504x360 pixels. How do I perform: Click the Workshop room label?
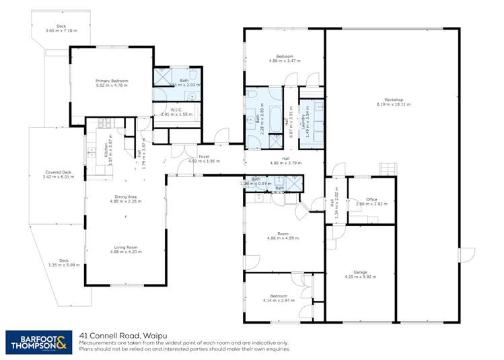pos(394,100)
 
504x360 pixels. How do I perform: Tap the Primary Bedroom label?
pos(112,81)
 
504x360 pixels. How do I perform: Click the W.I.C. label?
pos(176,110)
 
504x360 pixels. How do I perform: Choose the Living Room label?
pos(126,247)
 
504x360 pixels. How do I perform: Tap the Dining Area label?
pos(126,196)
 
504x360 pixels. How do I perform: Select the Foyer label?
pos(204,157)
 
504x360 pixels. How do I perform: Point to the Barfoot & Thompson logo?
pos(38,342)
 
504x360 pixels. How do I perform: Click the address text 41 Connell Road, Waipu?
pos(120,334)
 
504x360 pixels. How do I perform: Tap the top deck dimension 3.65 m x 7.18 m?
pos(61,31)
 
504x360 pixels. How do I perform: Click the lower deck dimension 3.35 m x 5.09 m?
pos(64,265)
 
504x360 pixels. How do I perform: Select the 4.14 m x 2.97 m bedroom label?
pos(279,299)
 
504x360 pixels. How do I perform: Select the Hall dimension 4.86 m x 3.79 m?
pos(285,163)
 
